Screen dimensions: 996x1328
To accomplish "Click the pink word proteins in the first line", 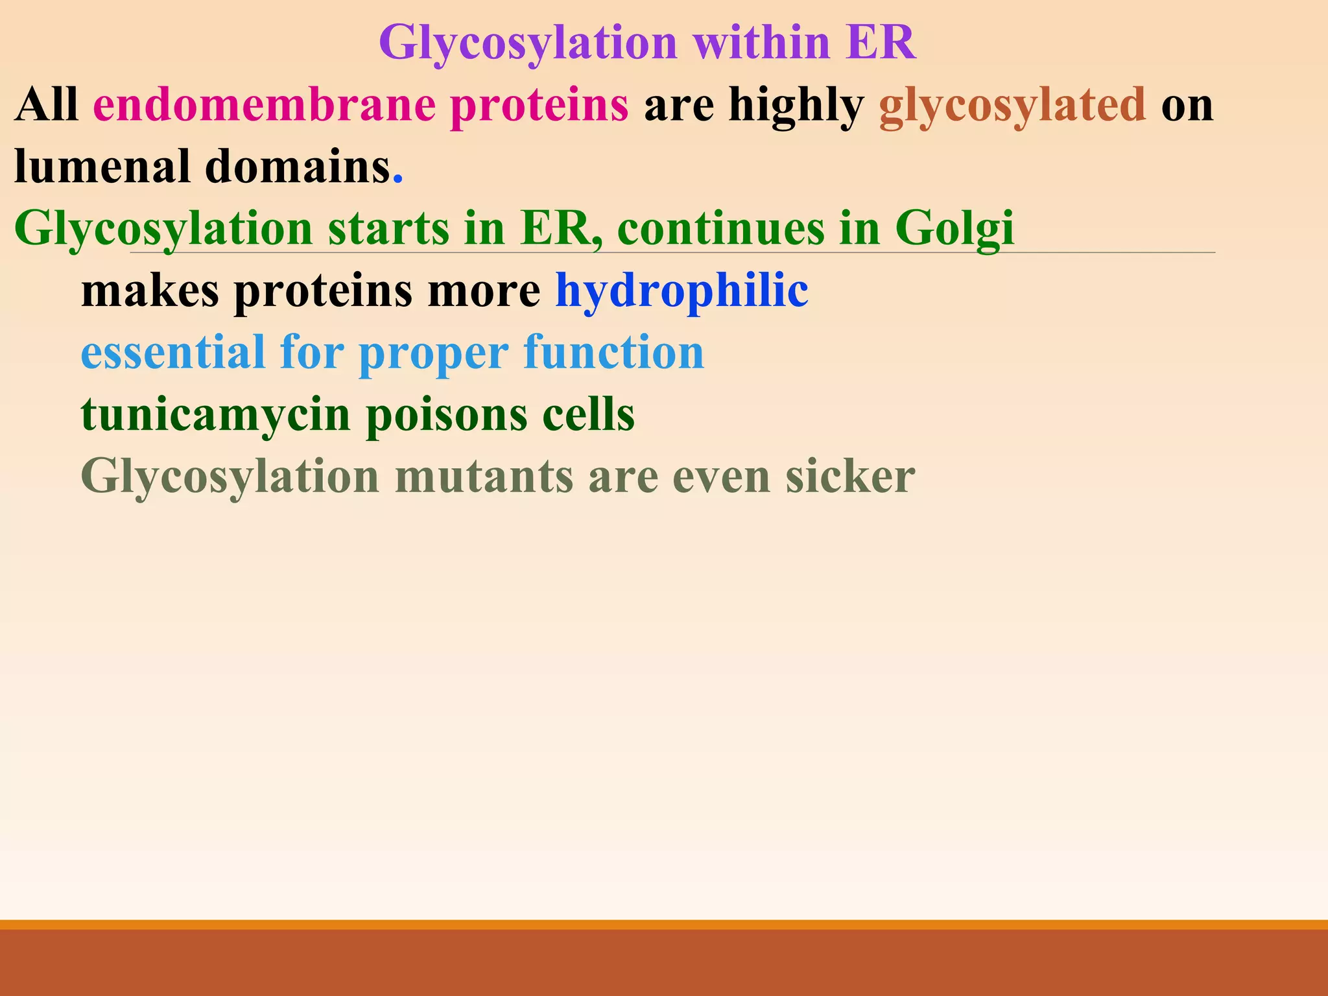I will (539, 106).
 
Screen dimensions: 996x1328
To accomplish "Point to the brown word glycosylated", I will (1012, 106).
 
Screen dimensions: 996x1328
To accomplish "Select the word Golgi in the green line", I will (954, 229).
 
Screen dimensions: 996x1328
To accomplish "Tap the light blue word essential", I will (172, 353).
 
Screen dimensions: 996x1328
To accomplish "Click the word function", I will (613, 353).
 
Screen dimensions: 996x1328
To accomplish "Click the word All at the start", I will (46, 104).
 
